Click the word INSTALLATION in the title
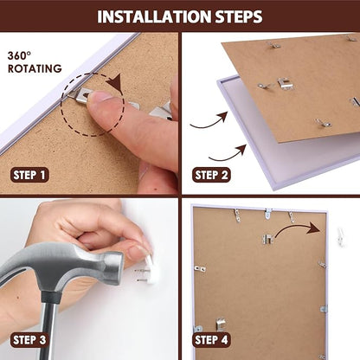point(154,16)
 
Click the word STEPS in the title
point(239,16)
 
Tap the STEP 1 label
point(29,175)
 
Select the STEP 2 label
point(211,175)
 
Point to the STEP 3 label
point(29,340)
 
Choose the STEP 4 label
point(211,340)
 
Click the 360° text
point(19,55)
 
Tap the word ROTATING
point(35,68)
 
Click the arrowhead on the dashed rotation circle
point(114,82)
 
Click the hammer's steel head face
point(114,267)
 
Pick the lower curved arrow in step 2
point(228,154)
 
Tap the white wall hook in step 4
point(341,237)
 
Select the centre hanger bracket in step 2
point(284,84)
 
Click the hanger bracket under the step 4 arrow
point(267,239)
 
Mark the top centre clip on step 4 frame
point(268,214)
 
